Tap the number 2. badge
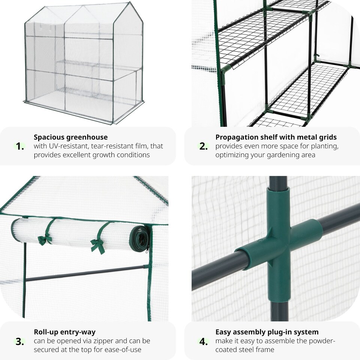[x=203, y=146]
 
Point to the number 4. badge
[x=203, y=341]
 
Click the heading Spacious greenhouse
[x=70, y=137]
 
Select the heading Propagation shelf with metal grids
[x=276, y=137]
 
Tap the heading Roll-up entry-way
[x=64, y=332]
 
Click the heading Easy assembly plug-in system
[x=267, y=332]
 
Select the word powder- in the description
[x=322, y=341]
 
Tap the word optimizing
[x=234, y=155]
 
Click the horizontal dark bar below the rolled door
[x=86, y=273]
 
